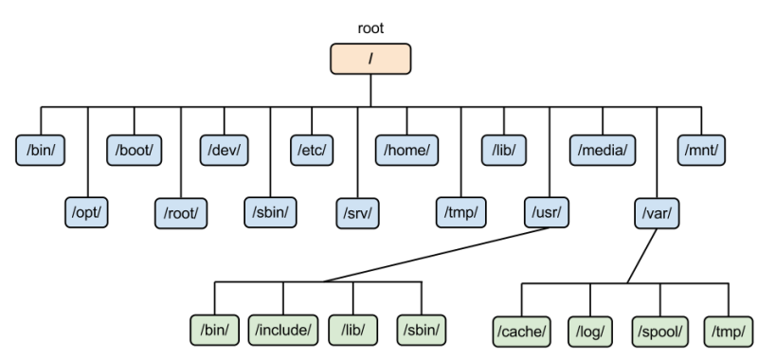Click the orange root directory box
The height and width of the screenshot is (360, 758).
pos(370,59)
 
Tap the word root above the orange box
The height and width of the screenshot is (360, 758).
pos(370,28)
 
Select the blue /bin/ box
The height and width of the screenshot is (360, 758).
pos(40,151)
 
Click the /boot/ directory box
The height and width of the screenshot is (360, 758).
pos(134,151)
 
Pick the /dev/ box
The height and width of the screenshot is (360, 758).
pos(225,151)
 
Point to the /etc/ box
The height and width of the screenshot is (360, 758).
pos(312,151)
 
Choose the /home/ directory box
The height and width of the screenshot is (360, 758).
pos(407,151)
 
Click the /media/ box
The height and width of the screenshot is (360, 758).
pos(603,151)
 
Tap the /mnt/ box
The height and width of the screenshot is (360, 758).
pos(701,151)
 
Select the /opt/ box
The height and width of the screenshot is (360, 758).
pos(86,212)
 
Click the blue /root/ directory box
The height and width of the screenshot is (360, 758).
pos(181,213)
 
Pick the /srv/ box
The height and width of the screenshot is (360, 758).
pos(358,213)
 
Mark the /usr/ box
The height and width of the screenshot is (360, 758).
pos(547,212)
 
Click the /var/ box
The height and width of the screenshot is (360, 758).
pos(657,213)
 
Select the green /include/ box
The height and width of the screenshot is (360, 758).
pos(283,330)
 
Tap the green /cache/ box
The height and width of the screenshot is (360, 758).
pos(522,332)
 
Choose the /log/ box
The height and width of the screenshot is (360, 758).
pos(590,332)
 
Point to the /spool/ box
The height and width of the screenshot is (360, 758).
pos(659,332)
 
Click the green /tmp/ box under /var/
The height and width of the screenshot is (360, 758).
pos(729,332)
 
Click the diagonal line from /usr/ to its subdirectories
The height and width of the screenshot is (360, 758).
pos(437,254)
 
